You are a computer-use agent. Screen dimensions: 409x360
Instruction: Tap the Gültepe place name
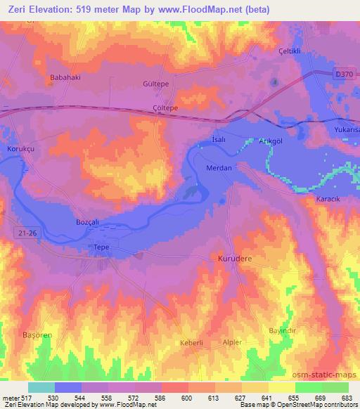157,83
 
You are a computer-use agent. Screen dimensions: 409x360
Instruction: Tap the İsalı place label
220,141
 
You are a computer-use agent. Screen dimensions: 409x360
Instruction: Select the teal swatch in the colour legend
41,387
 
